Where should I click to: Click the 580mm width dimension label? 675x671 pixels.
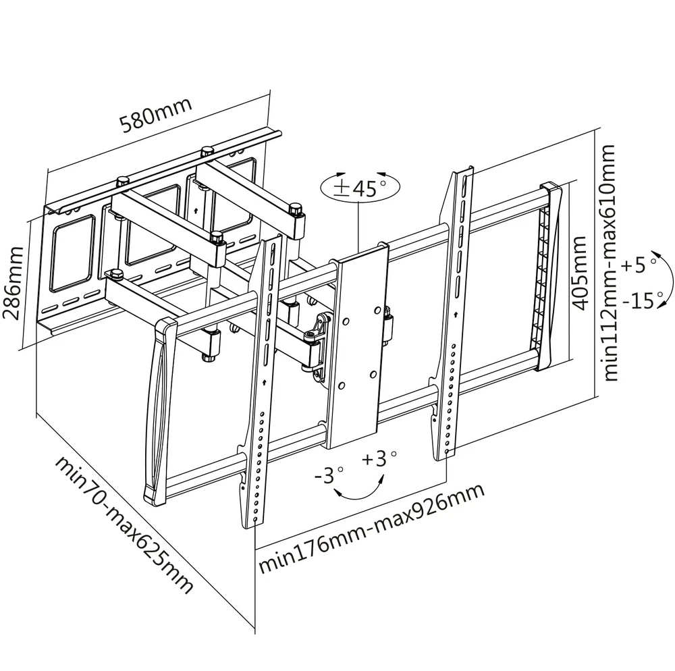(156, 115)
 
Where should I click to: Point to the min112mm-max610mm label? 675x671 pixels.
(611, 263)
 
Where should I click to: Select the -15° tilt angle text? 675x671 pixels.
(645, 300)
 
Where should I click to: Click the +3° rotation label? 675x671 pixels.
(379, 459)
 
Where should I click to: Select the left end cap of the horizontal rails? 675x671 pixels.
(157, 412)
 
